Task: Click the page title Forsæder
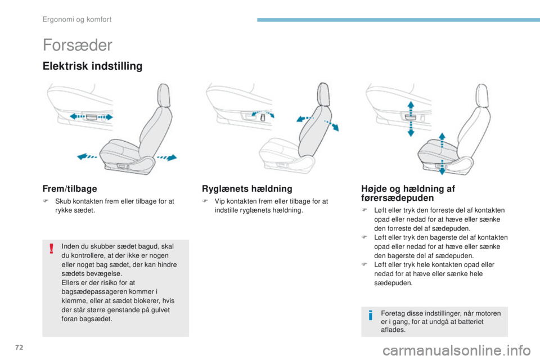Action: coord(76,45)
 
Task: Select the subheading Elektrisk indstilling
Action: coord(92,66)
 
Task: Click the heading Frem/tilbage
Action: coord(69,189)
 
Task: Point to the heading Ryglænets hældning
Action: coord(246,189)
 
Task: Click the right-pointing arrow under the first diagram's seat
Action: coord(166,156)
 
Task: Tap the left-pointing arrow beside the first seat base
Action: coord(87,157)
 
